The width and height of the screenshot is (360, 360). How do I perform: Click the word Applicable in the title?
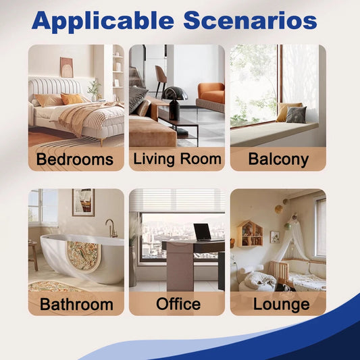[103, 21]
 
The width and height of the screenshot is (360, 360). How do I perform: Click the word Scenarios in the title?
[251, 20]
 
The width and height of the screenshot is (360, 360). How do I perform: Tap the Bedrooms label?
[75, 159]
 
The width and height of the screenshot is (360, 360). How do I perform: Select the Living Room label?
[177, 159]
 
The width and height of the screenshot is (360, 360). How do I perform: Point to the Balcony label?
[278, 159]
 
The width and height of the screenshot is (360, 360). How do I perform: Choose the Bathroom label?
[76, 304]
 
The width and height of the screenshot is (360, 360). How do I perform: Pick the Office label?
[178, 304]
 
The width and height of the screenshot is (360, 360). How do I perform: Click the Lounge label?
[281, 305]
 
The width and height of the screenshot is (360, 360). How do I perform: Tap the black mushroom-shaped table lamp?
[174, 103]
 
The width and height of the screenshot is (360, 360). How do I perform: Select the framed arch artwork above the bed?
[67, 68]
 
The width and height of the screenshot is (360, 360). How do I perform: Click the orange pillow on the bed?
[72, 99]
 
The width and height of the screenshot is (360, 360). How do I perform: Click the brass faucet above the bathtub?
[111, 228]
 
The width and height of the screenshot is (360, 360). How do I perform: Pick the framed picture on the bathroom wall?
[83, 202]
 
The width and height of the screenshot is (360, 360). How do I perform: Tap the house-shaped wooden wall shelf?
[250, 234]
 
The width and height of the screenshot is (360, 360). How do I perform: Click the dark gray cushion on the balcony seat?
[296, 115]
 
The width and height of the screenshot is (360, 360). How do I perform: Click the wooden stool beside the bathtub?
[33, 255]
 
